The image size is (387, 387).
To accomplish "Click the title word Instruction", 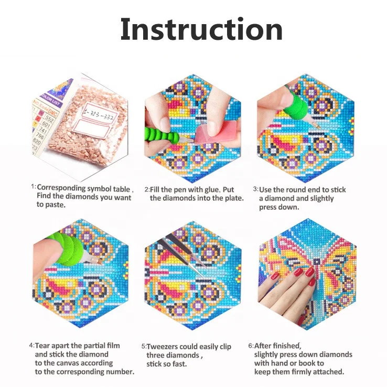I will pyautogui.click(x=201, y=30).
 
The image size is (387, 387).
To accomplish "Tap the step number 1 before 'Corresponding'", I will pyautogui.click(x=33, y=187).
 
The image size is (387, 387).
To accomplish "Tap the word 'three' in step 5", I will pyautogui.click(x=157, y=355).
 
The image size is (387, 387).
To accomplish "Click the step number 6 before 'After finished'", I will pyautogui.click(x=250, y=346).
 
